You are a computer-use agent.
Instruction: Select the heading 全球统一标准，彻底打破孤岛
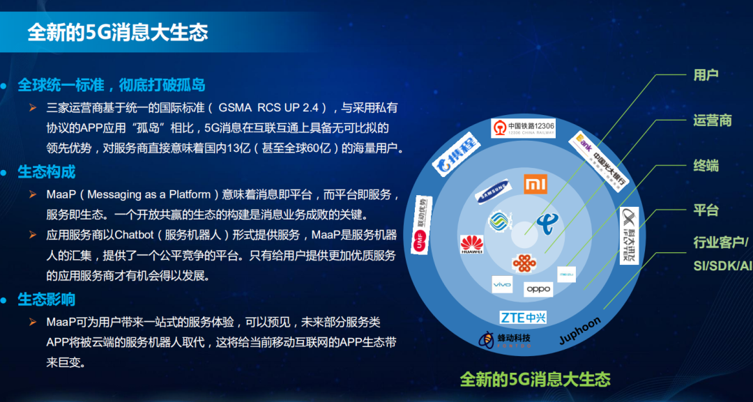pyautogui.click(x=112, y=85)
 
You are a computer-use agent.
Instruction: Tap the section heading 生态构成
pyautogui.click(x=47, y=171)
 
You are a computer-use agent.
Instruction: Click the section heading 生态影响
pyautogui.click(x=47, y=300)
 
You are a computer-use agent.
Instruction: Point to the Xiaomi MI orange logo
pyautogui.click(x=535, y=184)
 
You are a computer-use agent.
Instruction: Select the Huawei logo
pyautogui.click(x=471, y=245)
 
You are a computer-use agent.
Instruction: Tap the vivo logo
pyautogui.click(x=502, y=285)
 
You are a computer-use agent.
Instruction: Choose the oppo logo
pyautogui.click(x=538, y=288)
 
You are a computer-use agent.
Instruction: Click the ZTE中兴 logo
pyautogui.click(x=523, y=318)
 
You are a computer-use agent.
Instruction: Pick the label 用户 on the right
pyautogui.click(x=706, y=75)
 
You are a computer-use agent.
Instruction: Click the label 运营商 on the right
pyautogui.click(x=712, y=120)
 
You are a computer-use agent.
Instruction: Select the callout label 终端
pyautogui.click(x=706, y=165)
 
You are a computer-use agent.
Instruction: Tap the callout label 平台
pyautogui.click(x=706, y=210)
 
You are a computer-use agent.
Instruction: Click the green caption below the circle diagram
pyautogui.click(x=535, y=379)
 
